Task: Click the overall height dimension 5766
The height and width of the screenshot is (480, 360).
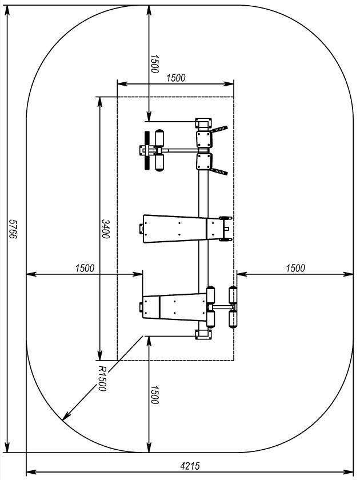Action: click(x=13, y=229)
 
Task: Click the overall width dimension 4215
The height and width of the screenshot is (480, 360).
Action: click(x=190, y=466)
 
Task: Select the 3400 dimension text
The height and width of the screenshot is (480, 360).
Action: click(x=105, y=229)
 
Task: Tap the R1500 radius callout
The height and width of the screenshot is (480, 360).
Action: click(x=102, y=378)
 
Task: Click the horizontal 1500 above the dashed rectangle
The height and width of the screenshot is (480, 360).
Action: click(x=176, y=78)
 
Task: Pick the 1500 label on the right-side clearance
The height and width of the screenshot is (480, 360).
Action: click(x=295, y=268)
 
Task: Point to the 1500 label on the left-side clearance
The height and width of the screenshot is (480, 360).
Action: click(x=85, y=268)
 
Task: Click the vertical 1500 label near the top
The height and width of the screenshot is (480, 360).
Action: click(x=154, y=64)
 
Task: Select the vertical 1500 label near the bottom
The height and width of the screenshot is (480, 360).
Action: click(x=154, y=395)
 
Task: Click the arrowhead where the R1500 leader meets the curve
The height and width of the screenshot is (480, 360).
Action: click(x=65, y=417)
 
